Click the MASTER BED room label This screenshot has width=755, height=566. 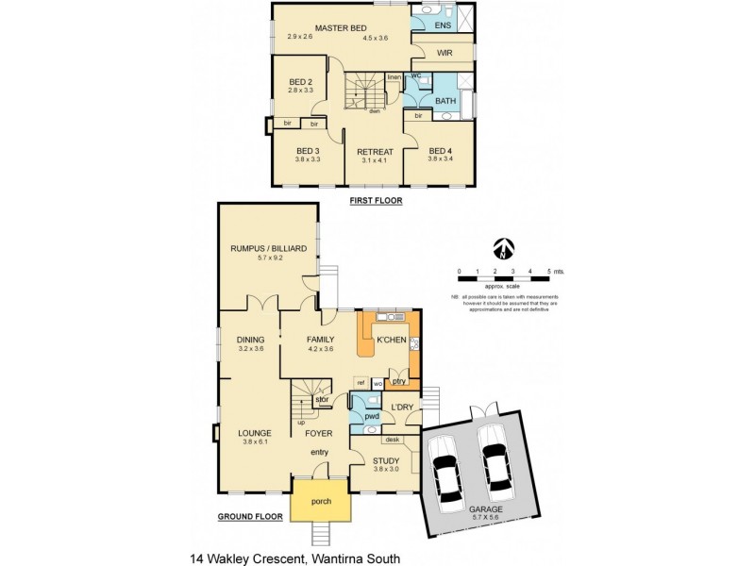[341, 27]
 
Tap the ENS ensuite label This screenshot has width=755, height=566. [443, 25]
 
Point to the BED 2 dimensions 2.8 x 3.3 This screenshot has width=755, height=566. [300, 92]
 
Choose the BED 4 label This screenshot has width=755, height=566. [441, 151]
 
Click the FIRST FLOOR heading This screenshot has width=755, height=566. [376, 201]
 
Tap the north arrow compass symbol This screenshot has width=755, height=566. [506, 249]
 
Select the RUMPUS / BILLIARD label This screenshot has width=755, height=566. [269, 248]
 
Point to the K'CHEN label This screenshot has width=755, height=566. [391, 338]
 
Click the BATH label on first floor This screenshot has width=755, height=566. [445, 101]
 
